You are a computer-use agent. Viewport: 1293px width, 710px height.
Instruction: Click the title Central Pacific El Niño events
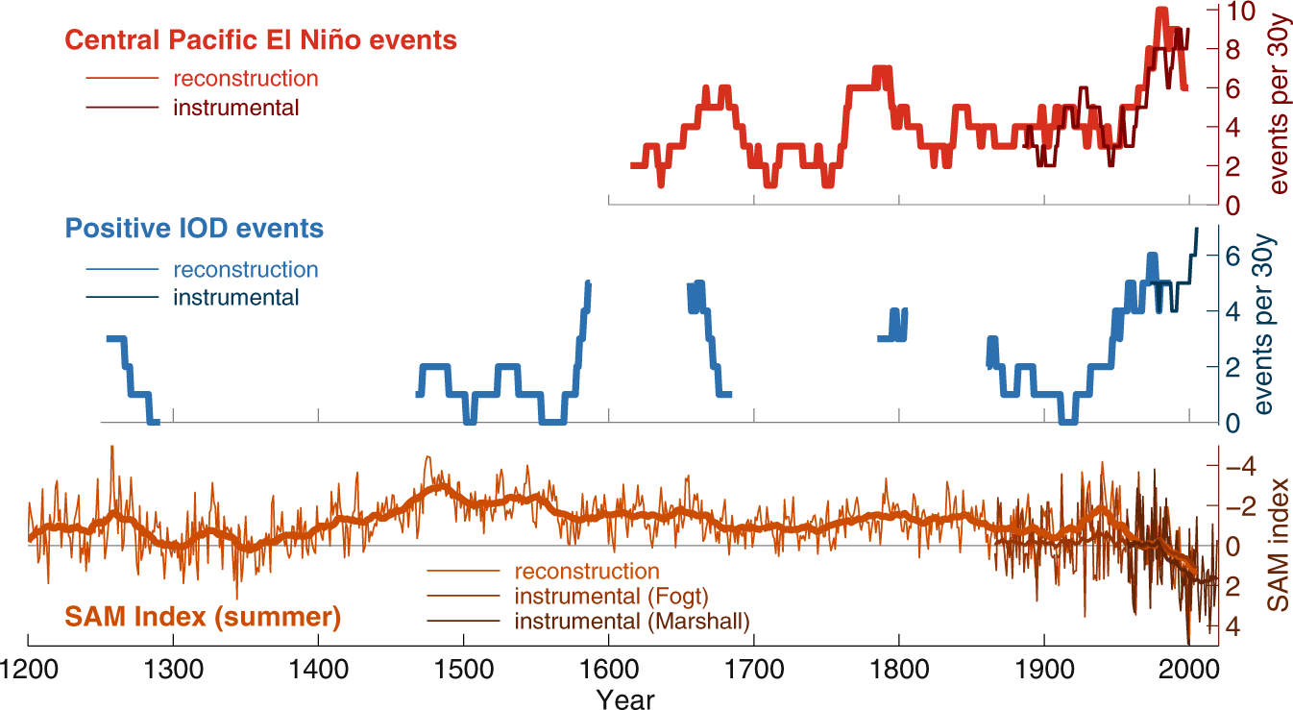tap(260, 40)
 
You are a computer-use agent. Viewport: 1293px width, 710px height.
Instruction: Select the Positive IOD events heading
tap(194, 229)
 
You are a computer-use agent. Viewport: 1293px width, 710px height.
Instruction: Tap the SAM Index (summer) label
tap(203, 616)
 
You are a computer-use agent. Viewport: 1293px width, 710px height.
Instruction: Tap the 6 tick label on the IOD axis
tap(1233, 256)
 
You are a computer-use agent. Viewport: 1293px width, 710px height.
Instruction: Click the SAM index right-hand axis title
tap(1276, 545)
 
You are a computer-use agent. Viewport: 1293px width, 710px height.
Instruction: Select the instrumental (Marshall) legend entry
tap(632, 621)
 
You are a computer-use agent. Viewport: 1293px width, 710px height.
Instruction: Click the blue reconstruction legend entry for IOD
tap(245, 270)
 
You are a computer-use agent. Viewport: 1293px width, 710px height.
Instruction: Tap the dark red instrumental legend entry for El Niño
tap(235, 107)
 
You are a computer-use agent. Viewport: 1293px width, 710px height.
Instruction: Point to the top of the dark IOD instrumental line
tap(1196, 229)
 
